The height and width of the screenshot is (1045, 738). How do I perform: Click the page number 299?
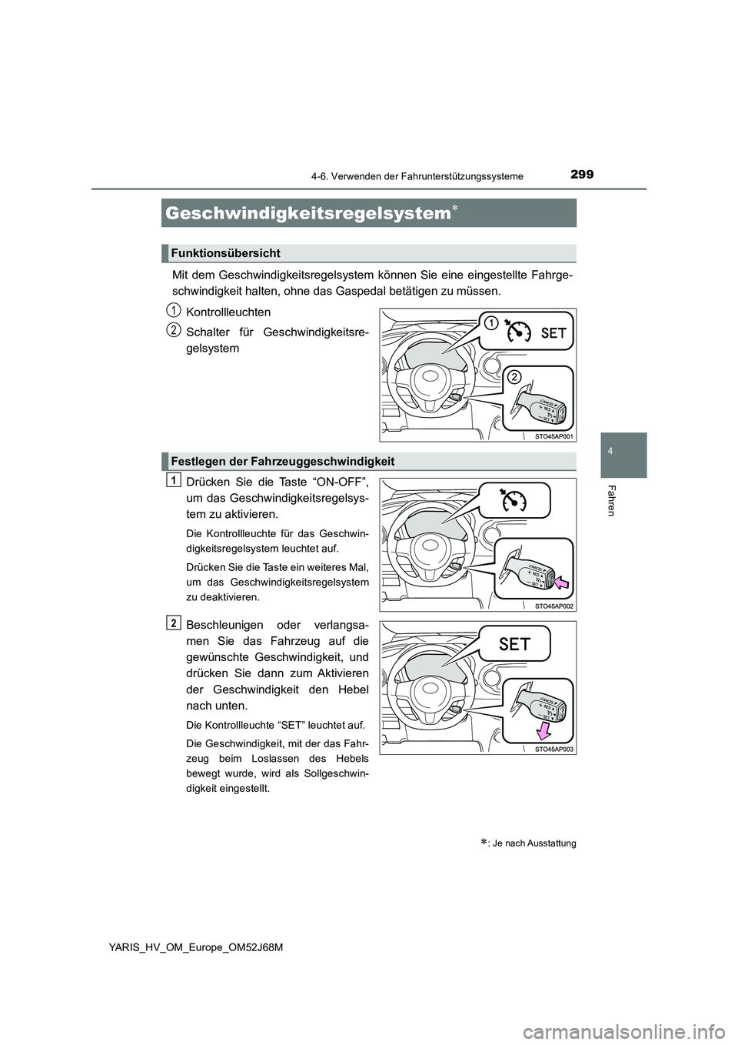point(582,175)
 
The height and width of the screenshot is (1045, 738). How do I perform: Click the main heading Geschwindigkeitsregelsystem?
point(307,213)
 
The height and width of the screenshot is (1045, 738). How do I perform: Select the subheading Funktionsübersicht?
point(225,253)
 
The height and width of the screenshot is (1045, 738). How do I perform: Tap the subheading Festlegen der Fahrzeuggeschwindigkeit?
point(283,461)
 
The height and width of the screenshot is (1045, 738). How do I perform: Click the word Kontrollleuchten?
point(228,312)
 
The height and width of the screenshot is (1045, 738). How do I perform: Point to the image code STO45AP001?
point(553,436)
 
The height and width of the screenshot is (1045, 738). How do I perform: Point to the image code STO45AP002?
point(553,606)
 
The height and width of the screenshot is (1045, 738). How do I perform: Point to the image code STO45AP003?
point(553,748)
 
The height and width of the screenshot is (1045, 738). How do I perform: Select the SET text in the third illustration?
point(514,644)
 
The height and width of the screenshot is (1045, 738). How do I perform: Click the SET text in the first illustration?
point(553,333)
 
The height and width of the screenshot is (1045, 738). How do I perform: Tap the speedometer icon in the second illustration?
point(514,500)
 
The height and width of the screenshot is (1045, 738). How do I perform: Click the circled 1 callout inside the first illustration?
point(489,323)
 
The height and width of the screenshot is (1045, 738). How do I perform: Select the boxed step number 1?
point(174,480)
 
